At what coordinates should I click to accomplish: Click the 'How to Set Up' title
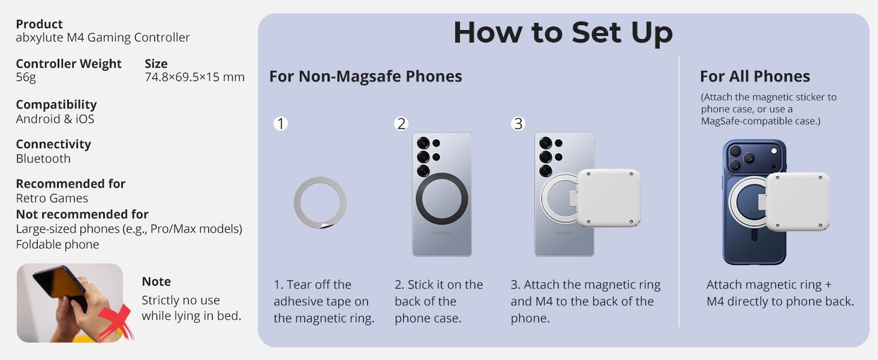(563, 32)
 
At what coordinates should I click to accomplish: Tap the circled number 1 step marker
(281, 124)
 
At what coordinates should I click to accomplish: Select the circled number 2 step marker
(401, 124)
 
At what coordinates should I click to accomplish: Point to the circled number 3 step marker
(518, 124)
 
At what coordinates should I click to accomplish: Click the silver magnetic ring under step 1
(297, 203)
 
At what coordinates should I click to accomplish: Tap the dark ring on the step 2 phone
(419, 199)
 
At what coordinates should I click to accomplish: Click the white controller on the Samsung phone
(609, 198)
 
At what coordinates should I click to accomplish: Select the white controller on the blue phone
(798, 202)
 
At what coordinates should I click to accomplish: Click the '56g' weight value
(26, 77)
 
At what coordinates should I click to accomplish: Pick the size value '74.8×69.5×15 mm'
(194, 77)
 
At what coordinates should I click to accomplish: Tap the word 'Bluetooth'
(43, 158)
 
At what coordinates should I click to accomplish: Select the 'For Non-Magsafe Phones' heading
(365, 76)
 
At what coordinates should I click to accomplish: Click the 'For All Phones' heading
(755, 76)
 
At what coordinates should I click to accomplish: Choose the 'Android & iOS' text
(55, 119)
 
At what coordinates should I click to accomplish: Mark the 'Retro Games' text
(52, 198)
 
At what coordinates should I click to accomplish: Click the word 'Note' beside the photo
(156, 281)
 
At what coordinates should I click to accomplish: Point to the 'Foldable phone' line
(57, 244)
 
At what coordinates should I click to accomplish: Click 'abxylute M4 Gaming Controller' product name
(103, 37)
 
